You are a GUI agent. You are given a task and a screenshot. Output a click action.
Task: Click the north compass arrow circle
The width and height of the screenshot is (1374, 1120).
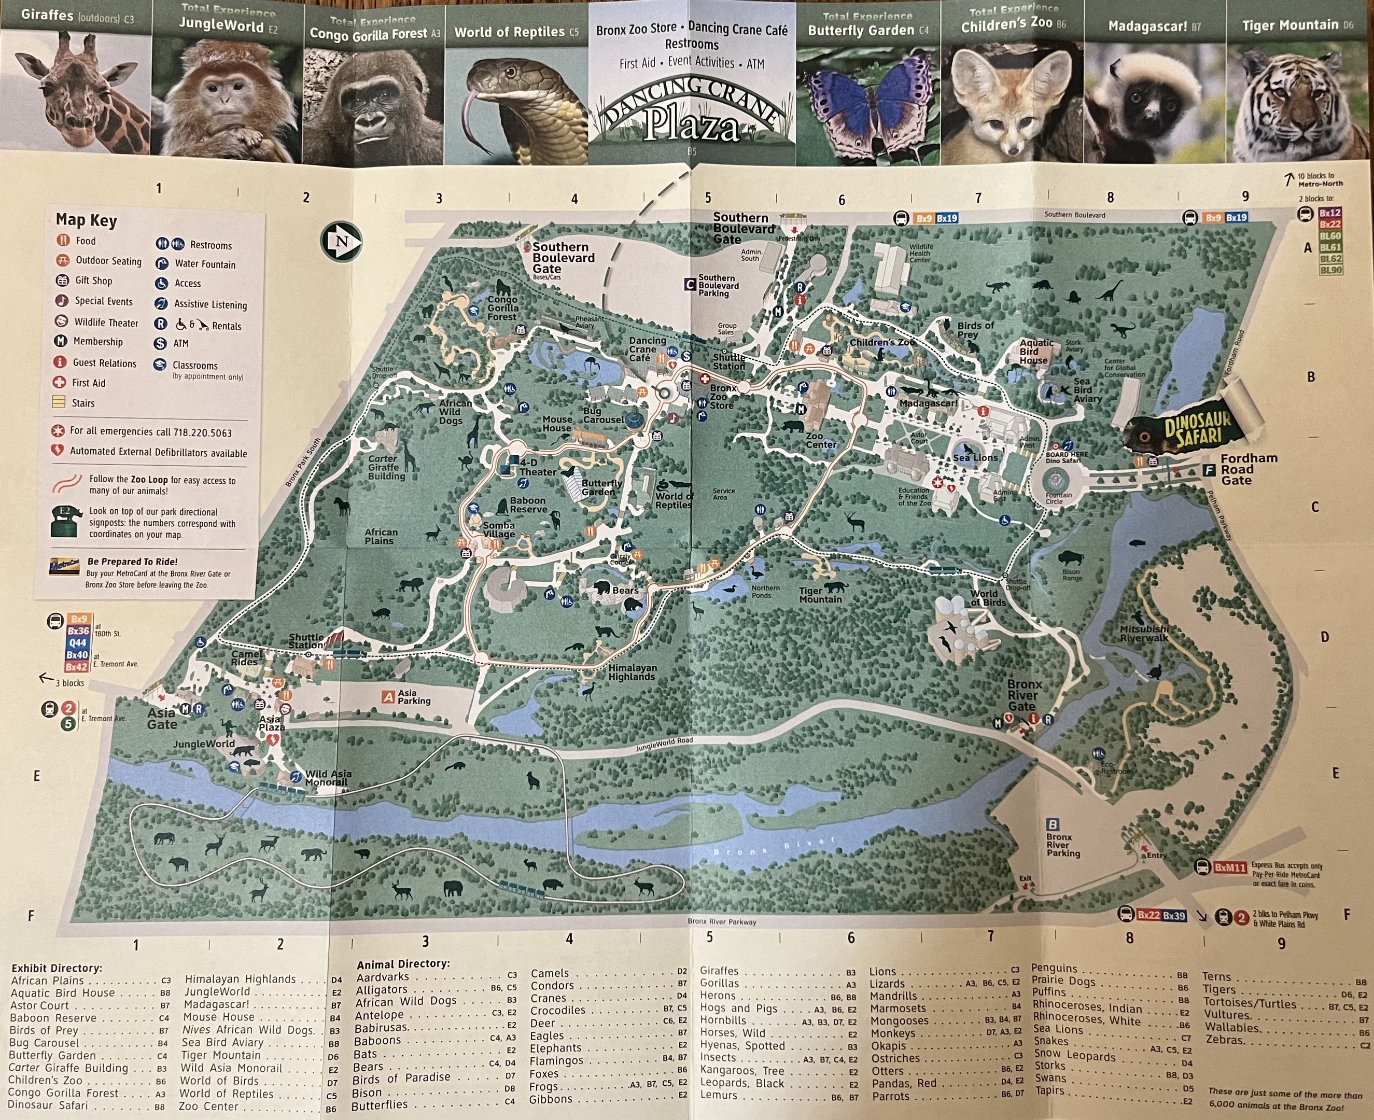pyautogui.click(x=341, y=242)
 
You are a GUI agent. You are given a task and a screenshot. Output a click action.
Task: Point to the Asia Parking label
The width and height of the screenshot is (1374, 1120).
pyautogui.click(x=413, y=697)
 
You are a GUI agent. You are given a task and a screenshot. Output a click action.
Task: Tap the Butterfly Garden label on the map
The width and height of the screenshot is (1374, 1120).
pyautogui.click(x=601, y=487)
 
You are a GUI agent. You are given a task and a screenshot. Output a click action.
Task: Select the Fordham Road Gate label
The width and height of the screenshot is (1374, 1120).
pyautogui.click(x=1247, y=469)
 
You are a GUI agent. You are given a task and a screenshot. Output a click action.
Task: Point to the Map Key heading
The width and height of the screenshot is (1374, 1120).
pyautogui.click(x=87, y=220)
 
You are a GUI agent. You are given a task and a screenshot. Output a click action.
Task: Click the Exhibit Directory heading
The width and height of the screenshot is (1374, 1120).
pyautogui.click(x=57, y=968)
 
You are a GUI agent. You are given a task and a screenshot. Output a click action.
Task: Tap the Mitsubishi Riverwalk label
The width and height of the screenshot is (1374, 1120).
pyautogui.click(x=1144, y=633)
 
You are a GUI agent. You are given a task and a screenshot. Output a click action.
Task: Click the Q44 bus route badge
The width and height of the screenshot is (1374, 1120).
pyautogui.click(x=77, y=642)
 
